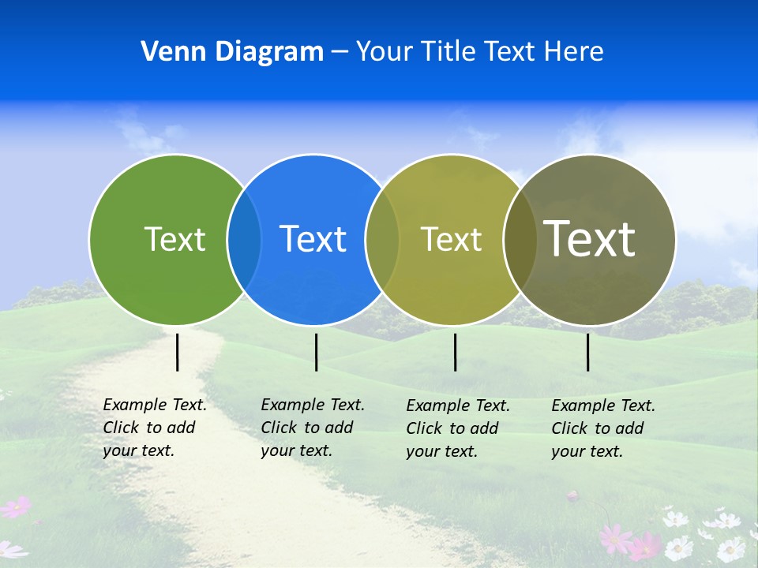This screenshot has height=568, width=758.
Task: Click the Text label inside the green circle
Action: pyautogui.click(x=174, y=239)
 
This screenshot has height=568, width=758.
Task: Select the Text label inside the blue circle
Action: pyautogui.click(x=313, y=239)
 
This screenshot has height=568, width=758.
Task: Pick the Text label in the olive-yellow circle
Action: pyautogui.click(x=451, y=239)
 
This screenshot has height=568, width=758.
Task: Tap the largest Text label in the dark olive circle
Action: pyautogui.click(x=590, y=239)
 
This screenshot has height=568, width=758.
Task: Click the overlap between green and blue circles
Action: pyautogui.click(x=244, y=240)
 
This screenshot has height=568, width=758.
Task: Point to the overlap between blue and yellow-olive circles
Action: pyautogui.click(x=382, y=240)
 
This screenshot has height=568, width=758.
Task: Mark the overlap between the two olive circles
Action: pyautogui.click(x=520, y=240)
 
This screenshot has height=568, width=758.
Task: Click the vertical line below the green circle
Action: pyautogui.click(x=178, y=352)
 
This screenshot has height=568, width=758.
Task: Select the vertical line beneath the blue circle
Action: pyautogui.click(x=316, y=352)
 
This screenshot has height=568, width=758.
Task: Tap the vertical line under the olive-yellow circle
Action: pyautogui.click(x=455, y=352)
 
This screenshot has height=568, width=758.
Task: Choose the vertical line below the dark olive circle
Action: pyautogui.click(x=588, y=352)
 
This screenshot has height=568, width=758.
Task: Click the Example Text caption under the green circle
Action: pyautogui.click(x=155, y=428)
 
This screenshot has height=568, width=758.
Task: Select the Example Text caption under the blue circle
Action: pyautogui.click(x=313, y=428)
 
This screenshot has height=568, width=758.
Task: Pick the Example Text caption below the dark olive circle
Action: pyautogui.click(x=603, y=428)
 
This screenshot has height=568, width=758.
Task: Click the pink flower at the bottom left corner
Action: pyautogui.click(x=16, y=507)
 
